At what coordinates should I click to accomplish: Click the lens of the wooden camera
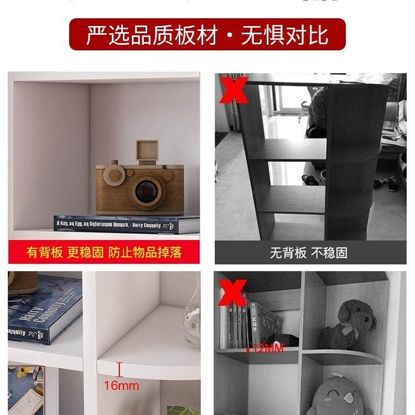(x=146, y=191)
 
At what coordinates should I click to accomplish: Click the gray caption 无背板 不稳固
(x=308, y=253)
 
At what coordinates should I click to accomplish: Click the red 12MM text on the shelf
(x=257, y=349)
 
